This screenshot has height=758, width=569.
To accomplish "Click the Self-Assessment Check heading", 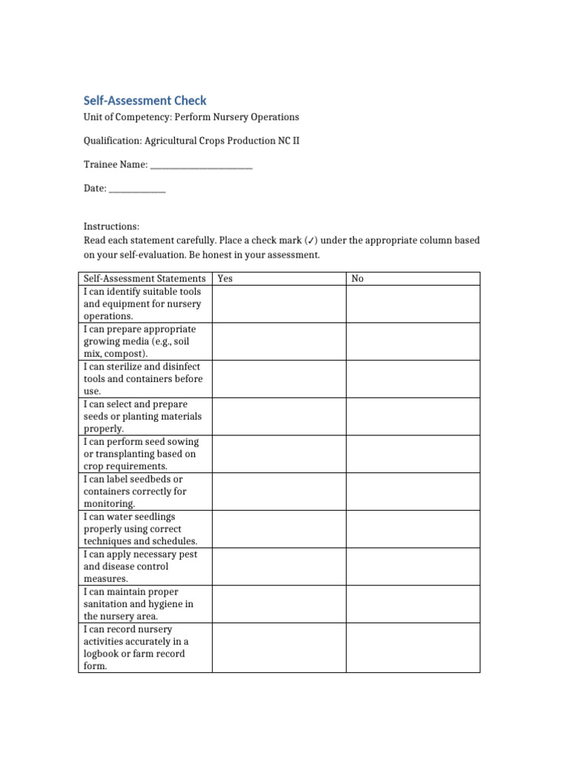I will [x=144, y=100].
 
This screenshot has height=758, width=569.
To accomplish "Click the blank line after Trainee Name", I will [x=201, y=166].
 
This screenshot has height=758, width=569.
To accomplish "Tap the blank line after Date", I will [x=137, y=190].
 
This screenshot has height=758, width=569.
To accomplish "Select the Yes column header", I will [x=225, y=278].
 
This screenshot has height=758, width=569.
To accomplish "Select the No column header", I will [x=358, y=278].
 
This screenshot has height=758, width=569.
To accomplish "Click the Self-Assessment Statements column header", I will [x=144, y=278].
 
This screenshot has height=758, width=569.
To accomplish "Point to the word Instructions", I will [x=111, y=227].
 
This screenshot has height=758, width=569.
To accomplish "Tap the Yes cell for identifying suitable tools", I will [x=279, y=303].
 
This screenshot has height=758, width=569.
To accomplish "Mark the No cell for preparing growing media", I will [x=413, y=341].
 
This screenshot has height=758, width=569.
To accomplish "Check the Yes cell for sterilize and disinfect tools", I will [x=279, y=379].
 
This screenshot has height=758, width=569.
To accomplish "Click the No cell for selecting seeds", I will [x=413, y=416].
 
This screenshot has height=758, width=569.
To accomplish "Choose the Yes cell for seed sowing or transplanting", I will [x=279, y=454].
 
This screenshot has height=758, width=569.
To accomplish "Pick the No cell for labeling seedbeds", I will [x=413, y=491].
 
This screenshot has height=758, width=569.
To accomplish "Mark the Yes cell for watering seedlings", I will [x=279, y=529].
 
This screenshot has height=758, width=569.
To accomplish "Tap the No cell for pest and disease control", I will [x=413, y=566].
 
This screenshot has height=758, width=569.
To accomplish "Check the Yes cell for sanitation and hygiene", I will [x=279, y=603].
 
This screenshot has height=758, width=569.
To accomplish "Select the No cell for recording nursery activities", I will [x=413, y=647].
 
